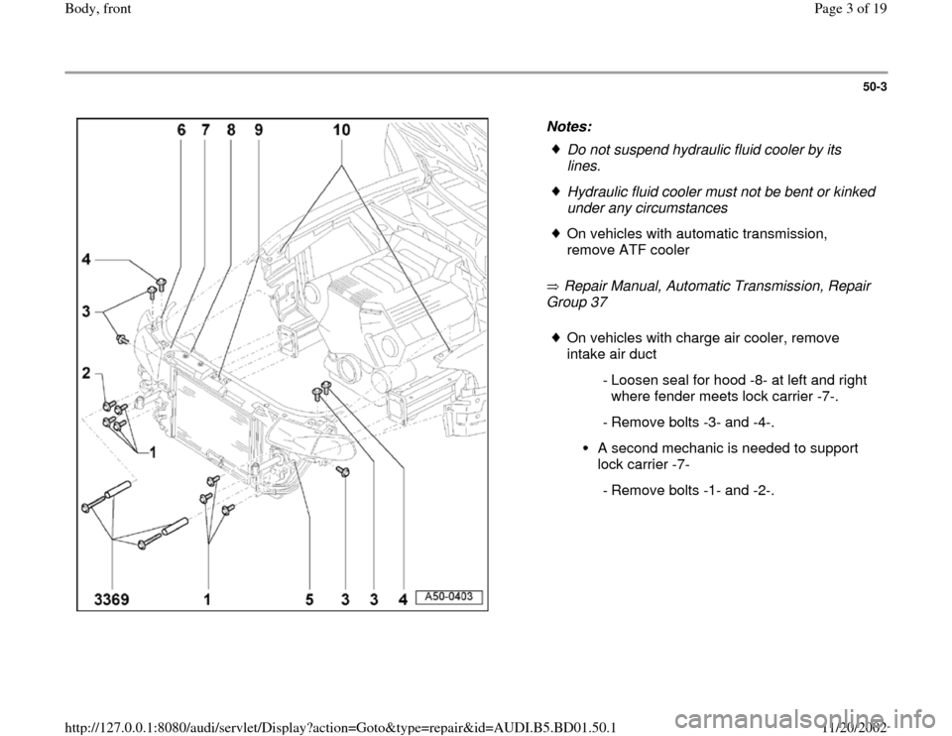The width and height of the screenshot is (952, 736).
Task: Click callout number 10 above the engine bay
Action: coord(341,129)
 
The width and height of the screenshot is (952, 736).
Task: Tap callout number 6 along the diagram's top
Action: coord(181,129)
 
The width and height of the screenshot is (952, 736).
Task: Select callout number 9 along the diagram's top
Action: coord(259,129)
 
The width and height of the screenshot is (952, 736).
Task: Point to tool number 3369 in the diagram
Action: coord(112,600)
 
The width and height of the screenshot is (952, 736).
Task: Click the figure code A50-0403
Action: coord(449,596)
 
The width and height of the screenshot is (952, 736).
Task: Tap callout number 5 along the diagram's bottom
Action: coord(309,600)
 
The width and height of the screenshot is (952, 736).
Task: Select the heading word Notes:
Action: coord(569,126)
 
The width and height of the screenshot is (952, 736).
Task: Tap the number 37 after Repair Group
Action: coord(598,302)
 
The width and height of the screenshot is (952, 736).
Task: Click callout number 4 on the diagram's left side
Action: coord(87,259)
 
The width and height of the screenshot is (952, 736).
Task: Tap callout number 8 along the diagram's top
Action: coord(231,129)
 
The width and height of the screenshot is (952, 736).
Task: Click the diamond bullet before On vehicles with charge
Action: coord(555,337)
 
